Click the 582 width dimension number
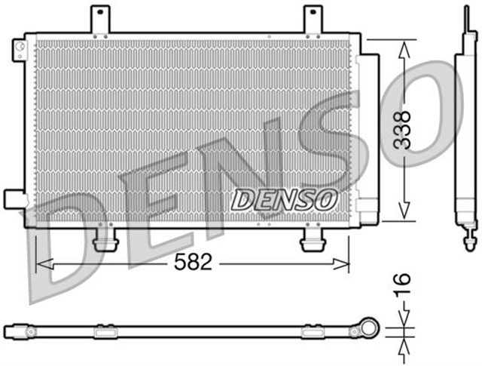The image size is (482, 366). pos(193,263)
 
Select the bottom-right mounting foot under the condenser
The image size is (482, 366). pos(311,242)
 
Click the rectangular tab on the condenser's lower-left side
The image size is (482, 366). pos(14,198)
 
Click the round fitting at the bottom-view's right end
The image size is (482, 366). pos(370,330)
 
